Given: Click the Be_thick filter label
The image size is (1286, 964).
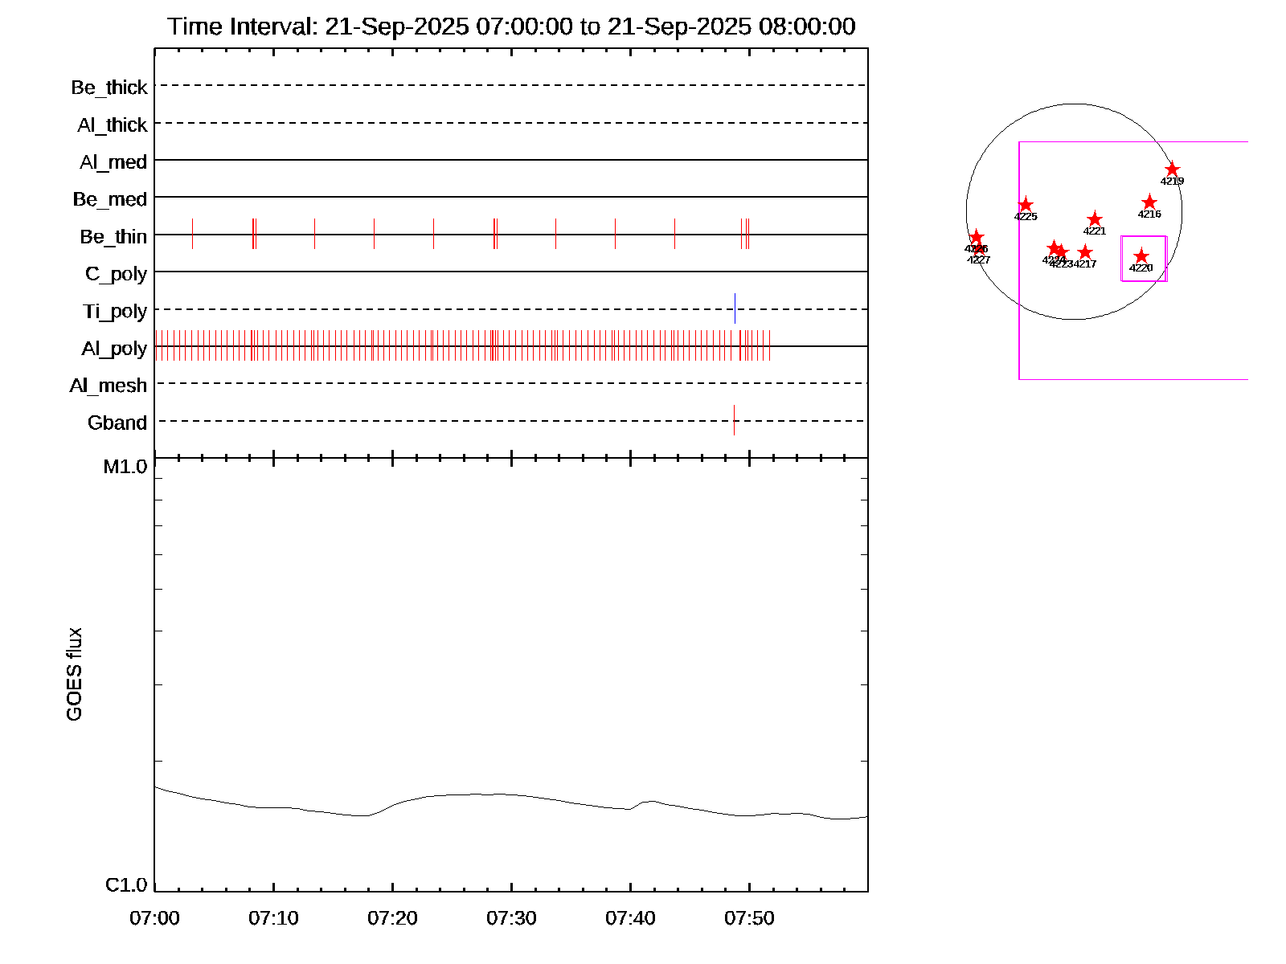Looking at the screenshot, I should click(109, 88).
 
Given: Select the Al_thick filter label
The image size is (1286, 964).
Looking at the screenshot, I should click(112, 125).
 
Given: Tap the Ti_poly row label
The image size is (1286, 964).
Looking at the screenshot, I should click(114, 312).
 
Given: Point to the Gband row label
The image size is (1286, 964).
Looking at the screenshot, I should click(117, 423).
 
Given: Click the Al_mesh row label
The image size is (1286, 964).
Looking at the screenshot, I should click(108, 386).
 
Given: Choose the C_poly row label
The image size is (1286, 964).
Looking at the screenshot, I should click(116, 275).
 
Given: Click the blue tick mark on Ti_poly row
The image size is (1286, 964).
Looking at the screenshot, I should click(735, 308).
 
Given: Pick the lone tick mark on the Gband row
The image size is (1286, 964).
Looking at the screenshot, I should click(734, 420).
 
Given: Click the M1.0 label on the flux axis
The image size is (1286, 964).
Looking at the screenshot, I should click(125, 467).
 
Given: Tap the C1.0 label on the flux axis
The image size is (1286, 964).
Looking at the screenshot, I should click(126, 885).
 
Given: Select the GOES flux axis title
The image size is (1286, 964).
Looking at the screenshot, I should click(74, 674).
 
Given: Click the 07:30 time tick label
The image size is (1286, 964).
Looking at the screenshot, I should click(511, 918).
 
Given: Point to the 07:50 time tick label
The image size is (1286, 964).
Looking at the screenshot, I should click(749, 918).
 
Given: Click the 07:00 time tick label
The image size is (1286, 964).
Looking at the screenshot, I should click(154, 918).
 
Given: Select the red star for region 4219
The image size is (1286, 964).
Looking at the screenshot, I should click(1172, 170).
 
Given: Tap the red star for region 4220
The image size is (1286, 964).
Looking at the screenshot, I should click(1141, 256).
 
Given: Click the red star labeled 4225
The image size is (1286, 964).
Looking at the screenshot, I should click(1026, 205).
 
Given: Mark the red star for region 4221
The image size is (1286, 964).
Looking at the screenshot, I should click(1095, 219).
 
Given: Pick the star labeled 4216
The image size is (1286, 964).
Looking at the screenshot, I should click(1149, 202).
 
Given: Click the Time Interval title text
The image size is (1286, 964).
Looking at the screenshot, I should click(511, 27).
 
